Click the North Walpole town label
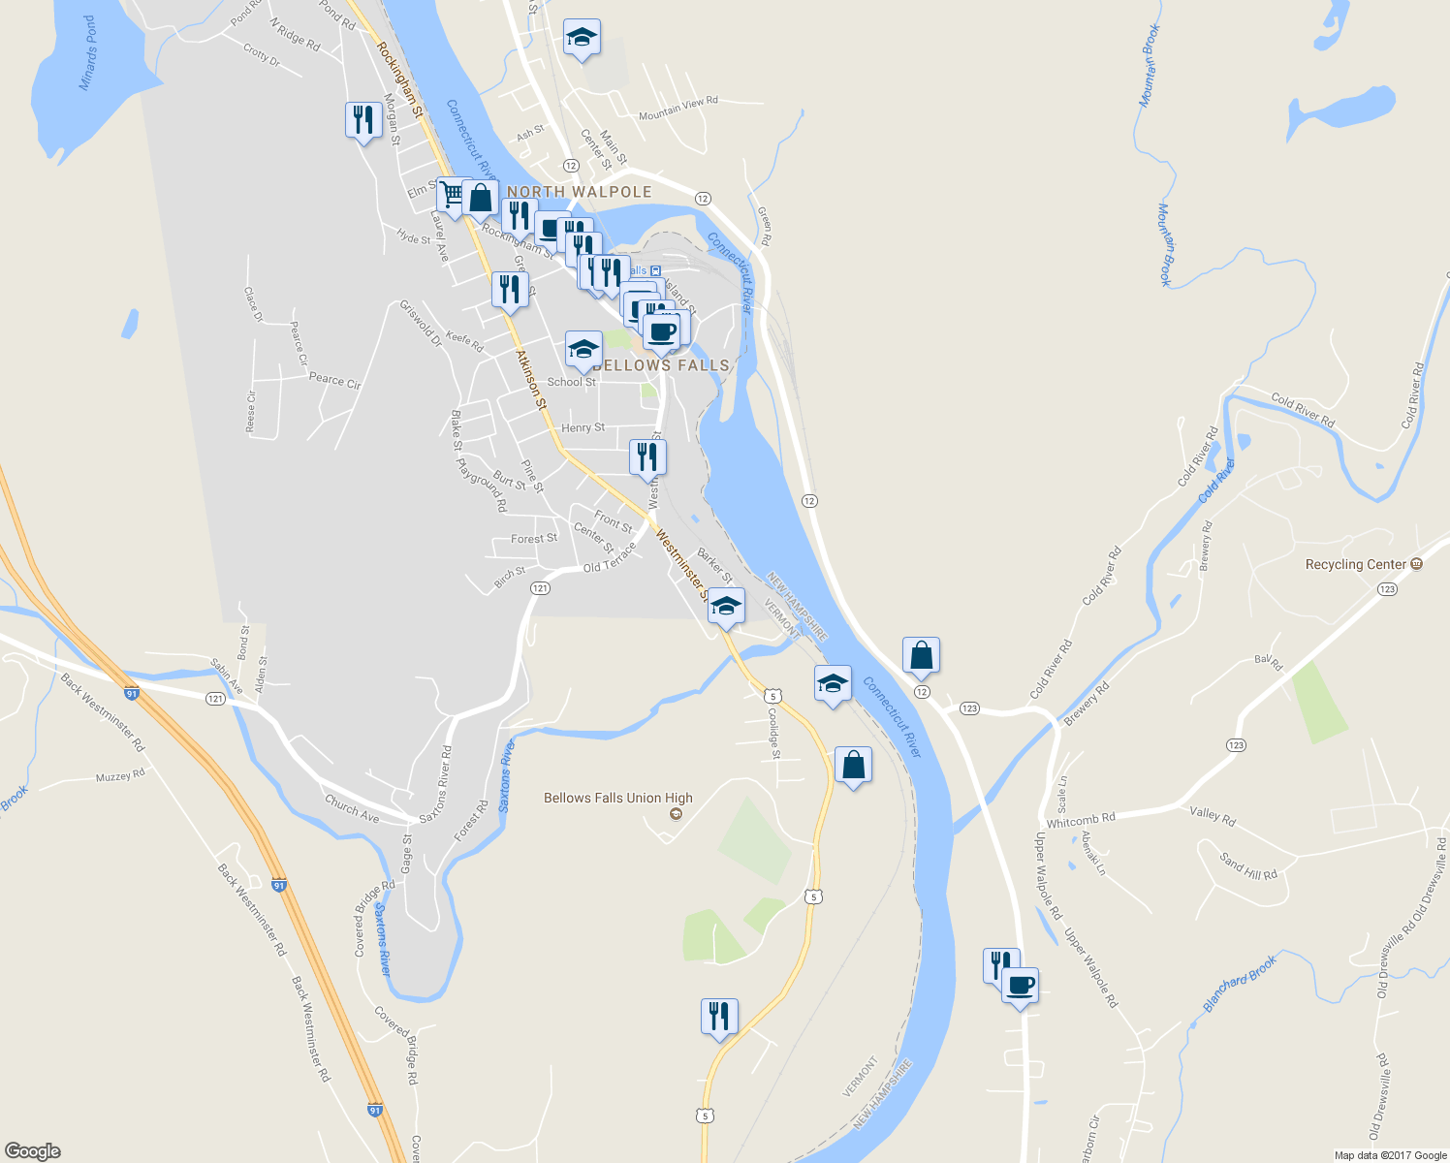point(579,192)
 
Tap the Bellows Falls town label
point(661,365)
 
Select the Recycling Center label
point(1356,564)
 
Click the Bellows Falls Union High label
point(618,799)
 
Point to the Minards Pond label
point(88,53)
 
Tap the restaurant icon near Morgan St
point(362,120)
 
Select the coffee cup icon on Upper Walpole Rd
point(1019,986)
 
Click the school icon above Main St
point(581,38)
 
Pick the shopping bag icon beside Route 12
point(921,656)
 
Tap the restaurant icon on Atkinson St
point(510,289)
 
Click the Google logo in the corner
point(33,1150)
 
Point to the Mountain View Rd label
point(678,109)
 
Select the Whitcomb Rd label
point(1081,821)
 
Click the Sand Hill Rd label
point(1248,866)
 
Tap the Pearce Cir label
point(334,380)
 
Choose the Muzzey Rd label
point(120,776)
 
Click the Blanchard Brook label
point(1240,984)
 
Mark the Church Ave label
point(352,807)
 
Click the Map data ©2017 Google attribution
point(1390,1155)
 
